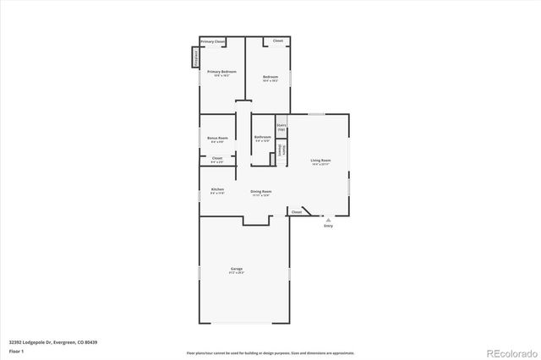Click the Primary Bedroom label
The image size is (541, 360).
pos(221,73)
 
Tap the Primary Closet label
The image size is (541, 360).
pos(213,41)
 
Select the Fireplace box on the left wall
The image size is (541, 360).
pos(195,57)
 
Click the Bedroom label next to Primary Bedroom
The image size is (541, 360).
pos(270,77)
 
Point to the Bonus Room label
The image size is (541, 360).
pos(217,138)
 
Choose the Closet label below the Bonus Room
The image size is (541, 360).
pos(217,158)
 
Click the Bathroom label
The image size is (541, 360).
pos(263,137)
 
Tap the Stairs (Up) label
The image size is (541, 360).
pos(281,128)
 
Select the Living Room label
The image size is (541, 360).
pos(320,160)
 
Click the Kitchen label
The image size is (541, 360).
pos(217,189)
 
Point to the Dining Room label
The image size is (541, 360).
pos(261,192)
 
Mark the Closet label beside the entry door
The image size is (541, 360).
pos(296,212)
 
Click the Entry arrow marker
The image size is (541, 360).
pos(328,219)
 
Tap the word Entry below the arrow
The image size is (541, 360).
pos(328,226)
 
